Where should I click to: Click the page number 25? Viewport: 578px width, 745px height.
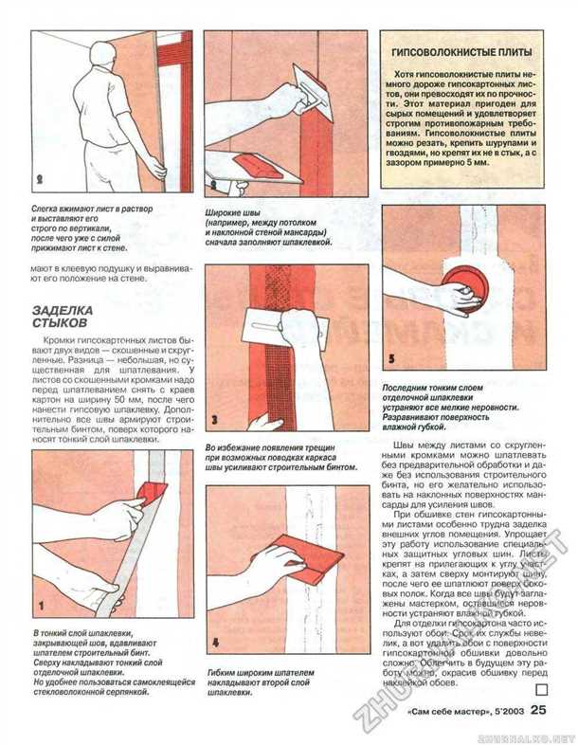(x=538, y=708)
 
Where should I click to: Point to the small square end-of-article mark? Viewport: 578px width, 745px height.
(x=541, y=690)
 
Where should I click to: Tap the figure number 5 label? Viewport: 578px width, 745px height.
(x=391, y=359)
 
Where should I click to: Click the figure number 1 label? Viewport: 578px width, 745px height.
(x=40, y=603)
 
